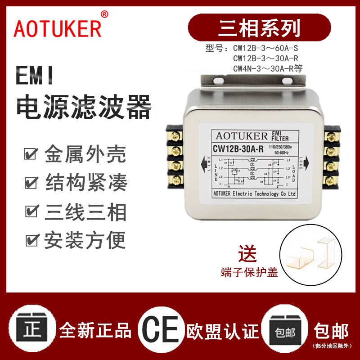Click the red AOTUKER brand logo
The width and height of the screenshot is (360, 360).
tap(58, 28)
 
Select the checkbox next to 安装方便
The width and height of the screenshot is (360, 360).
tap(31, 241)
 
